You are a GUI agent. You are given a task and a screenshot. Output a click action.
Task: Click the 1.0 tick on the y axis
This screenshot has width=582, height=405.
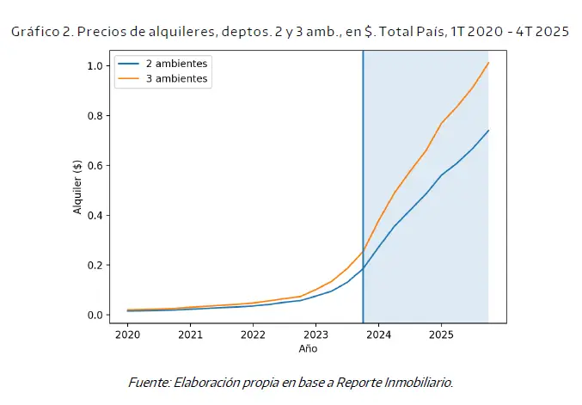pyautogui.click(x=96, y=66)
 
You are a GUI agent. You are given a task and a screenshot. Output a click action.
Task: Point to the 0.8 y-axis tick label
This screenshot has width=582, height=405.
pyautogui.click(x=96, y=116)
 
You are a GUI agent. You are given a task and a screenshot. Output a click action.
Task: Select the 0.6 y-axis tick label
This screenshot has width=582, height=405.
pyautogui.click(x=96, y=166)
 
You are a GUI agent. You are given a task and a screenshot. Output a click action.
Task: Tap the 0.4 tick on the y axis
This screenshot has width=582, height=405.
pyautogui.click(x=96, y=216)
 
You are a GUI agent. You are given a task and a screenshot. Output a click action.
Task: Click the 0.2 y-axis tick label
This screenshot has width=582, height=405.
pyautogui.click(x=96, y=266)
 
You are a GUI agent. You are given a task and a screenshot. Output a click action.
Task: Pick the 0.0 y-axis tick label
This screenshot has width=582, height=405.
pyautogui.click(x=96, y=316)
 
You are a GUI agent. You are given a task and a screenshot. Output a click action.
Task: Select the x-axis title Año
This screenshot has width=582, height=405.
pyautogui.click(x=308, y=349)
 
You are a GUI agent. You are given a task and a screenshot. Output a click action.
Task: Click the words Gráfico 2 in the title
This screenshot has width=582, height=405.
pyautogui.click(x=40, y=33)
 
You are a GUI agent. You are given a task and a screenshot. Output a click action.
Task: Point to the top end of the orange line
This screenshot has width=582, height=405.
pyautogui.click(x=488, y=62)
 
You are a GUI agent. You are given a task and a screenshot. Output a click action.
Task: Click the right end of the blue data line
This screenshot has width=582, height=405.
pyautogui.click(x=488, y=131)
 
